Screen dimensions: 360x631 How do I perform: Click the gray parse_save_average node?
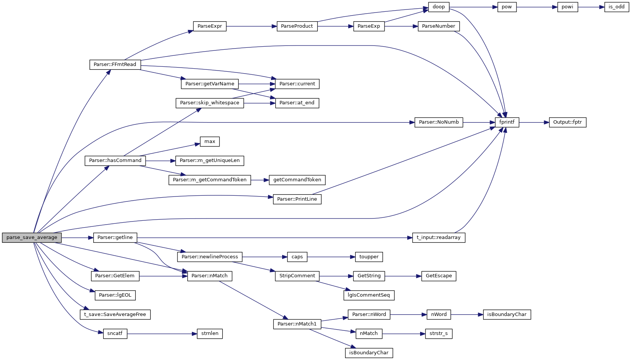tap(32, 237)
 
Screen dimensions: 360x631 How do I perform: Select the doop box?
tap(439, 7)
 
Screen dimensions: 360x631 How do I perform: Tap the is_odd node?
tap(617, 7)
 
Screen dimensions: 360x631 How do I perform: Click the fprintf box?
tap(507, 122)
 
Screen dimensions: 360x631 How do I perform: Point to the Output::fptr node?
tap(567, 122)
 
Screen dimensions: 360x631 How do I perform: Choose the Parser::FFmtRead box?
tap(115, 64)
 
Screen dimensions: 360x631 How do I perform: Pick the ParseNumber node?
tap(438, 26)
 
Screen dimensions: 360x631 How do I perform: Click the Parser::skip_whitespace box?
tap(210, 103)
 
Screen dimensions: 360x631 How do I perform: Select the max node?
tap(210, 141)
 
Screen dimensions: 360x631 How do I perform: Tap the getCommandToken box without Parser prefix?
tap(297, 180)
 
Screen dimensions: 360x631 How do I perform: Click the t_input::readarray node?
tap(438, 237)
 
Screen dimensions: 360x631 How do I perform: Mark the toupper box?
tap(369, 257)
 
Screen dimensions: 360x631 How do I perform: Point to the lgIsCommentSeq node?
tap(369, 295)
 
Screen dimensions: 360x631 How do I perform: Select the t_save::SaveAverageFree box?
tap(115, 314)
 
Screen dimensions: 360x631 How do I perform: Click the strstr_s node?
tap(438, 333)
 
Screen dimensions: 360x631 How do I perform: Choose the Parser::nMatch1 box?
tap(297, 324)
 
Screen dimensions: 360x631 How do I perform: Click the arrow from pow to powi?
tap(537, 7)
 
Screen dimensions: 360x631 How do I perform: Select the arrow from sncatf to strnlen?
tap(162, 334)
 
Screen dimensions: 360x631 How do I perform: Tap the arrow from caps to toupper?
tap(331, 257)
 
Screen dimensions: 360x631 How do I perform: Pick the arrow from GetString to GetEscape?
tap(403, 276)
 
